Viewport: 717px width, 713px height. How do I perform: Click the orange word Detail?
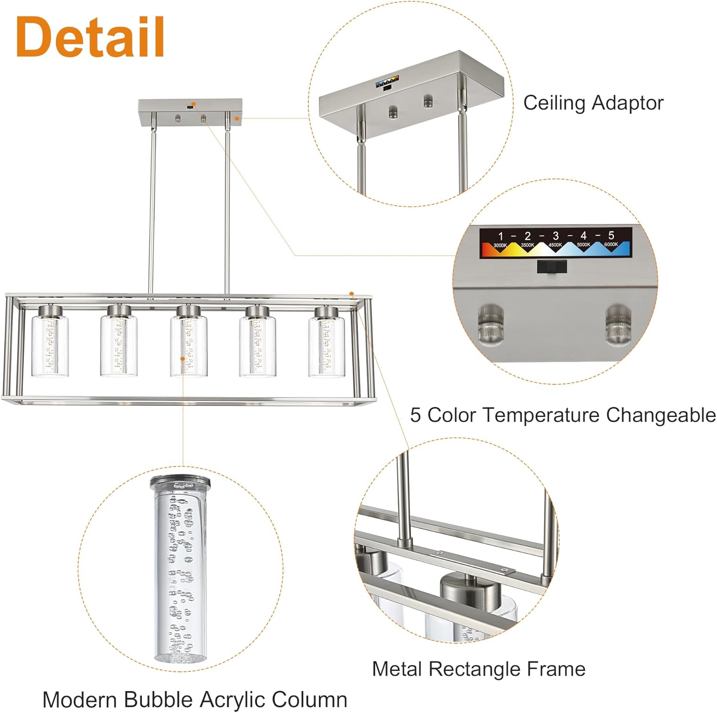click(90, 37)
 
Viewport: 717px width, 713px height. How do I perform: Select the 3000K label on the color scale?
click(500, 245)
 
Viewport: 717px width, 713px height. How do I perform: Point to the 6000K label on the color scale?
click(611, 244)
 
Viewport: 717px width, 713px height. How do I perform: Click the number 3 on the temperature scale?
click(555, 236)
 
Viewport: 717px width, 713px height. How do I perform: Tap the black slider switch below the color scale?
click(552, 266)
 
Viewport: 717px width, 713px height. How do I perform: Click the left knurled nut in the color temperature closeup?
click(491, 324)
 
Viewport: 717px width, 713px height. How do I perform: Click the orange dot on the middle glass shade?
click(182, 358)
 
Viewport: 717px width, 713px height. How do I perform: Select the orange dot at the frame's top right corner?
click(352, 294)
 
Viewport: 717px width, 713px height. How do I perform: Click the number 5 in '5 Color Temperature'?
click(415, 415)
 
